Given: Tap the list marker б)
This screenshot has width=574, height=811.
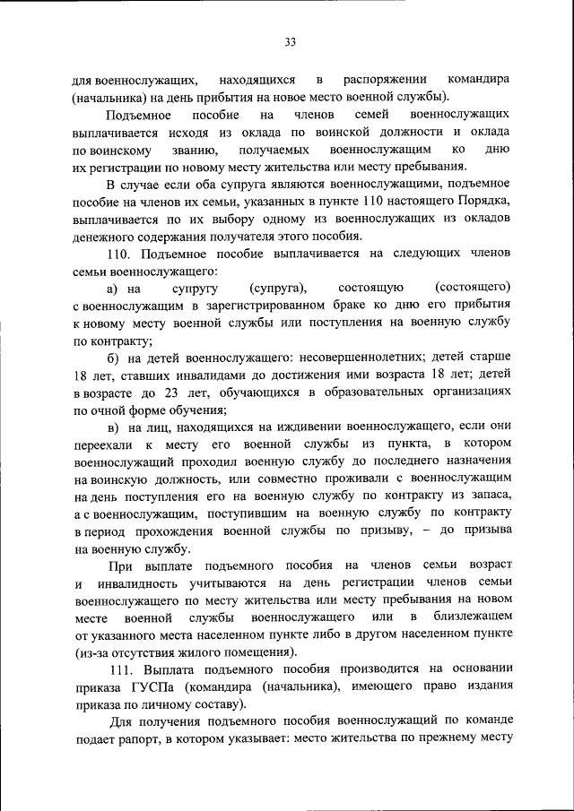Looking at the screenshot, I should click(x=113, y=358).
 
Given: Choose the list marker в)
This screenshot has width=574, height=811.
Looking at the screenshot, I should click(x=113, y=427).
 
